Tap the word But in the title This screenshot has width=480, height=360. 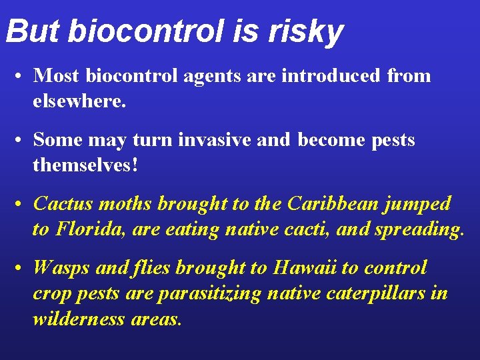tap(33, 31)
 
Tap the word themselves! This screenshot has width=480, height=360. tap(86, 165)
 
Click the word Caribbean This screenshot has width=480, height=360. tap(326, 203)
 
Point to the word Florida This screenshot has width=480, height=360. tap(91, 229)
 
